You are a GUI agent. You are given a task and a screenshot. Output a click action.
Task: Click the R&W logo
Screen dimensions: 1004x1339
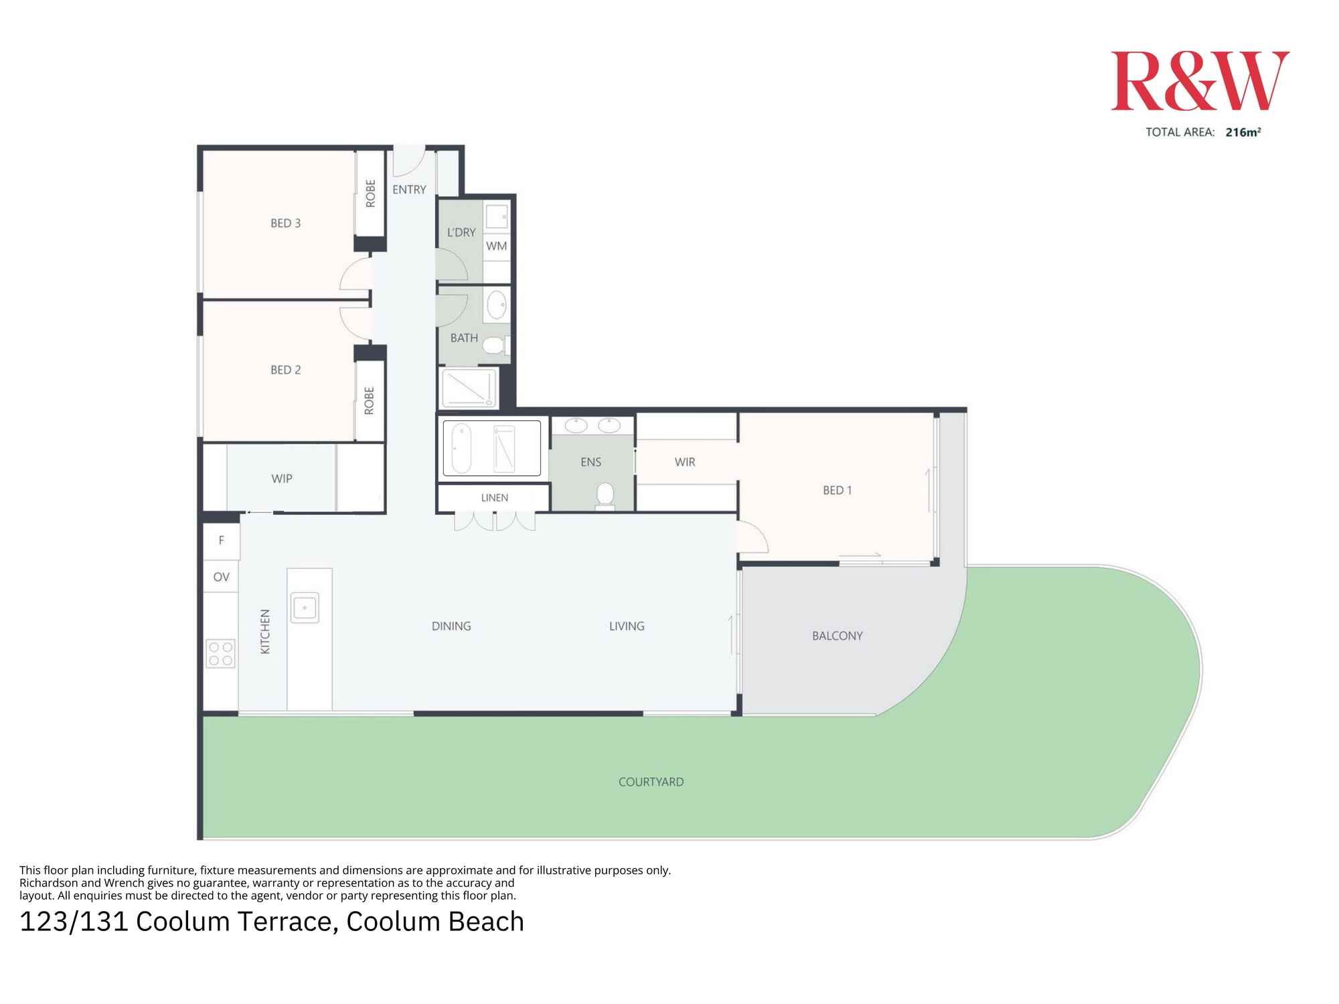1200,81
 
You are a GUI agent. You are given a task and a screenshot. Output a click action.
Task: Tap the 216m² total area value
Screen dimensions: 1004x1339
1243,133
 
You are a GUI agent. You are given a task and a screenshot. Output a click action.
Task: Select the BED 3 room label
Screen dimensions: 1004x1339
285,224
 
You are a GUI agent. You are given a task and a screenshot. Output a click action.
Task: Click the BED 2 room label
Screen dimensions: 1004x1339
285,370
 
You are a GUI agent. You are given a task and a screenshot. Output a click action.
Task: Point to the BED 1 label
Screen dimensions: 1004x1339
837,491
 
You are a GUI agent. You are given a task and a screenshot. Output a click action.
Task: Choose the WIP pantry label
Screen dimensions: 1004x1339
282,479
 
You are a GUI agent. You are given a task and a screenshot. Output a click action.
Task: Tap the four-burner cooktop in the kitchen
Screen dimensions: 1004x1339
221,654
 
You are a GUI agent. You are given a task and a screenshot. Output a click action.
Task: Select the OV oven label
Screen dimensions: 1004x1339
221,577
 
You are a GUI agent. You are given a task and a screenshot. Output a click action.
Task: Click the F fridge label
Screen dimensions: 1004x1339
221,540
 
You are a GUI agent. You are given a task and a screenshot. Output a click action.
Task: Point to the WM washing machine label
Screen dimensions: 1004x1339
496,246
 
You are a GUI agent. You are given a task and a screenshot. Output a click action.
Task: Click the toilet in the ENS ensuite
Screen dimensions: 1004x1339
605,496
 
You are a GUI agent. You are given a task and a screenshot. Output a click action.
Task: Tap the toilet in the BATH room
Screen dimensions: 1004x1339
494,345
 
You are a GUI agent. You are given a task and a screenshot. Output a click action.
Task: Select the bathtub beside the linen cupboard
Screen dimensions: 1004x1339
462,448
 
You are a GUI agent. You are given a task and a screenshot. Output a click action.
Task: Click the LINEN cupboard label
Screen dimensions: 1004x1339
494,498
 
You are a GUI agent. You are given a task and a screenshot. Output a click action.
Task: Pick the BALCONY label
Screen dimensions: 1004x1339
837,636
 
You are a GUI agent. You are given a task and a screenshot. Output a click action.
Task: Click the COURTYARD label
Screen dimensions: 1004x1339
651,782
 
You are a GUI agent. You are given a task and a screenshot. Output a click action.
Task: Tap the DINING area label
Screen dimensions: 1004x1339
451,626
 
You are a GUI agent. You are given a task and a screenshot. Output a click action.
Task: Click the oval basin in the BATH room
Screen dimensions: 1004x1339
496,306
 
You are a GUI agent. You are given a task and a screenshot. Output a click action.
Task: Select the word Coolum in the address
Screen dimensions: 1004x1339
182,922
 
